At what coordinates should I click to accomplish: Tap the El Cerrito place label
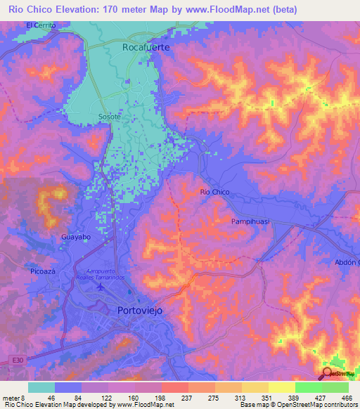coord(40,25)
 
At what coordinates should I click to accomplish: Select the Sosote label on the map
coord(109,117)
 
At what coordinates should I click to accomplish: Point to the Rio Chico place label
coord(215,192)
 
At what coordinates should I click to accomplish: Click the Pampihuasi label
coord(251,221)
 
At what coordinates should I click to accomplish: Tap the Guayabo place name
coord(76,238)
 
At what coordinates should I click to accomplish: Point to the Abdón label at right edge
coord(347,262)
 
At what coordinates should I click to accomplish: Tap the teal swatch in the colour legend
coord(41,387)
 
